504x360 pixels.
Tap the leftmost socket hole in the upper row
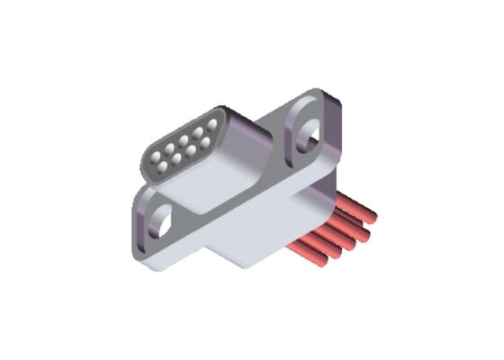point(156,157)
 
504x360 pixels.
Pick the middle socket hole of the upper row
point(184,140)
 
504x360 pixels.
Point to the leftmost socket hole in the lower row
point(162,167)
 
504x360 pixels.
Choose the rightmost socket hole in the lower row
point(205,143)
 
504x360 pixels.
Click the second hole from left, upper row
point(169,148)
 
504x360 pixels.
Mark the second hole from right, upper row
point(198,132)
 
